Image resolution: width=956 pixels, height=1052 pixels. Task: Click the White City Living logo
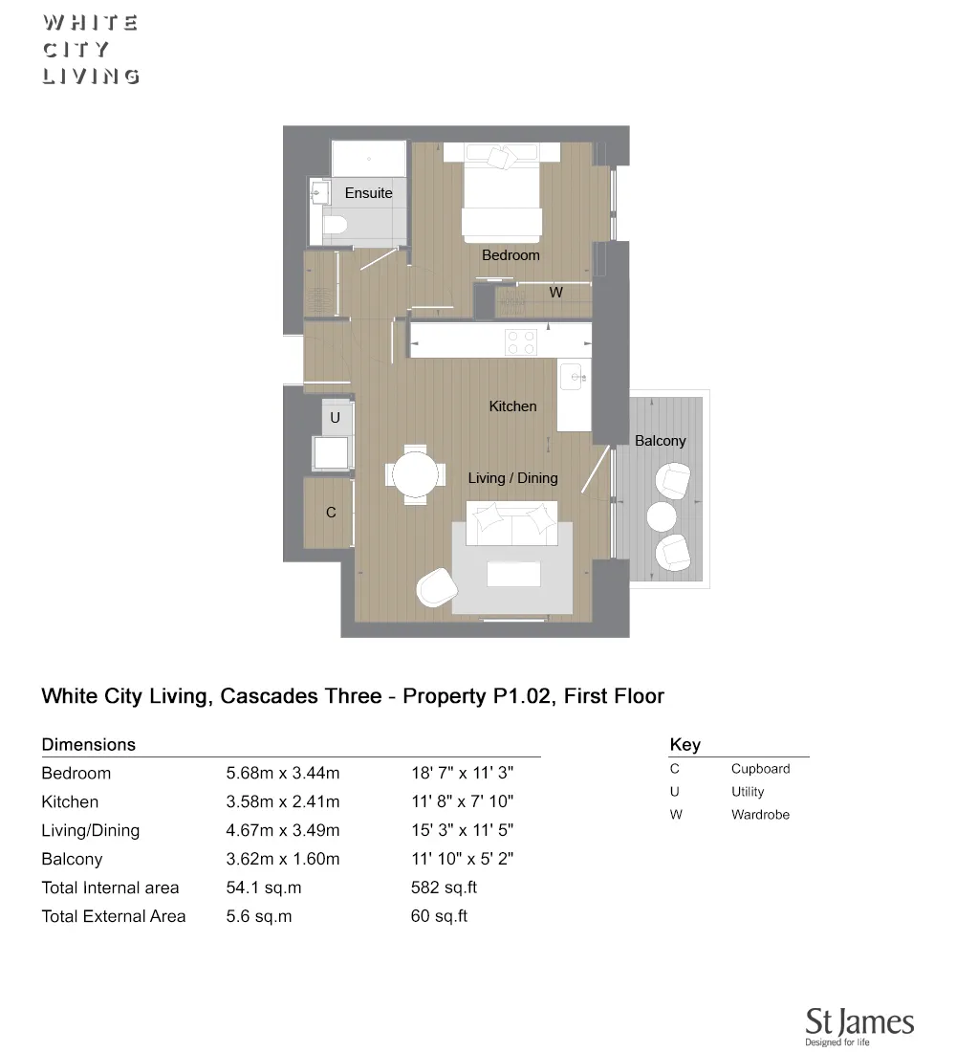pyautogui.click(x=91, y=50)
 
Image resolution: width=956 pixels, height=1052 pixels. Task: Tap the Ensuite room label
pyautogui.click(x=368, y=193)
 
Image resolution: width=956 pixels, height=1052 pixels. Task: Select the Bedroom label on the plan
pyautogui.click(x=511, y=255)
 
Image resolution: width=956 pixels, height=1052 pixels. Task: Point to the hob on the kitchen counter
pyautogui.click(x=521, y=342)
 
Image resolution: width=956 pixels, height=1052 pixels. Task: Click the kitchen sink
pyautogui.click(x=574, y=375)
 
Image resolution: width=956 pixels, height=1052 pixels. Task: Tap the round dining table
pyautogui.click(x=415, y=472)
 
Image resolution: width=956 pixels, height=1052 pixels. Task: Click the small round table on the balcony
pyautogui.click(x=663, y=516)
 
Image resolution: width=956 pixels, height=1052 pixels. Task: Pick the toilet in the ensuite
pyautogui.click(x=333, y=226)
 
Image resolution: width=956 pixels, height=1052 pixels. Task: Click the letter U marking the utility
pyautogui.click(x=335, y=418)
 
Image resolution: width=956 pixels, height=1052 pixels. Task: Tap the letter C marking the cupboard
pyautogui.click(x=331, y=513)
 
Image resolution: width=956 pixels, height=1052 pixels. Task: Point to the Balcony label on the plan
pyautogui.click(x=660, y=441)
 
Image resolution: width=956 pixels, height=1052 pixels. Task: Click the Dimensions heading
pyautogui.click(x=89, y=745)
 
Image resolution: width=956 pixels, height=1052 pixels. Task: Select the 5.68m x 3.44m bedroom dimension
pyautogui.click(x=283, y=774)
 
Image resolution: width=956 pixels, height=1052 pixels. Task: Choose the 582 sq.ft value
pyautogui.click(x=444, y=888)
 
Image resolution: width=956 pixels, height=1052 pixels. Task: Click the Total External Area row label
pyautogui.click(x=114, y=916)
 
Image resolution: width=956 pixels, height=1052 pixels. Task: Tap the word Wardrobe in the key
pyautogui.click(x=760, y=815)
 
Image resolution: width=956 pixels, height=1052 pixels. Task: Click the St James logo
pyautogui.click(x=859, y=1025)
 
